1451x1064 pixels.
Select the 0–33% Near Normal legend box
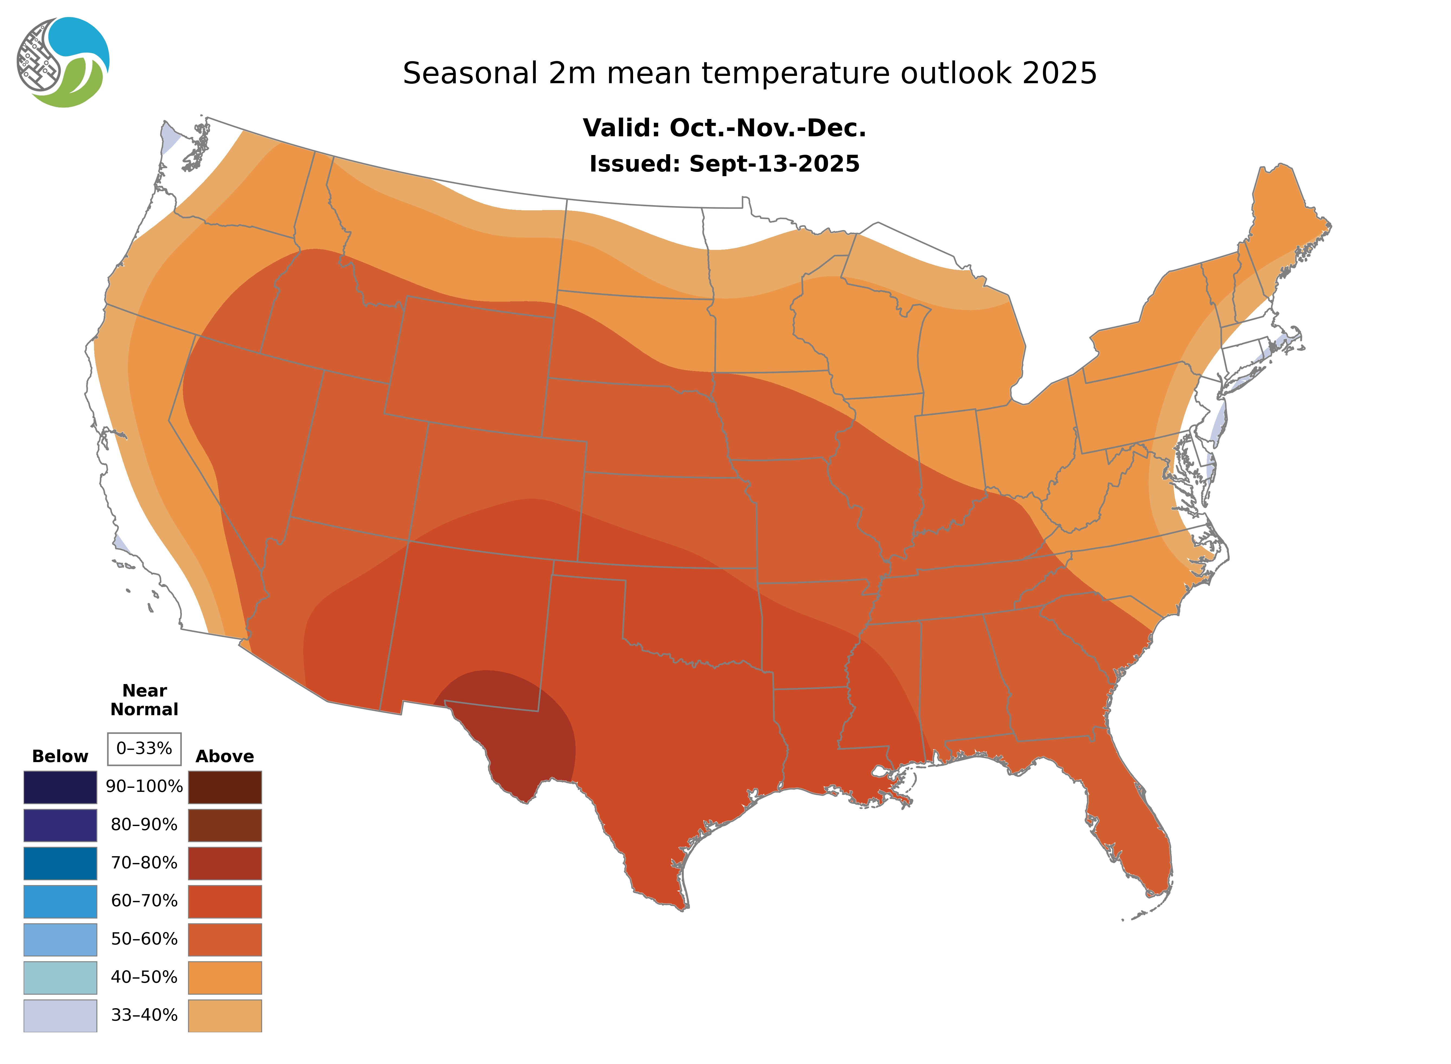[144, 749]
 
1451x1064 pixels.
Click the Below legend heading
[60, 756]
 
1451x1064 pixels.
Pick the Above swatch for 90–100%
[225, 787]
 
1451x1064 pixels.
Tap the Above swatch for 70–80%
[225, 863]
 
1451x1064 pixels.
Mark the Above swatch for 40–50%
[225, 977]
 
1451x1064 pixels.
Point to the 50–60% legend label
[144, 939]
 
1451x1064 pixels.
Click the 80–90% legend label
[144, 825]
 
